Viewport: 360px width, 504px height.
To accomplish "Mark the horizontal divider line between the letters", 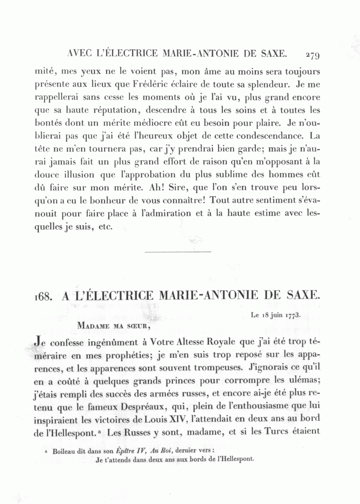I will [177, 251].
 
